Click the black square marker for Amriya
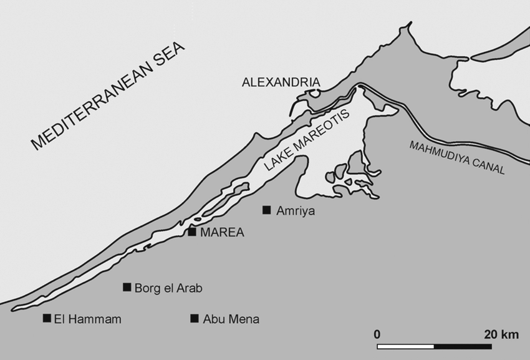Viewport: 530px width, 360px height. [x=267, y=210]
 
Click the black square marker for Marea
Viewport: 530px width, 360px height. [x=192, y=232]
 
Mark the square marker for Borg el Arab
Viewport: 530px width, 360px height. [x=127, y=287]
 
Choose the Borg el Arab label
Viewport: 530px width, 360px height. [x=168, y=288]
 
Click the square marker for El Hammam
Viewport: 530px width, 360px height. [x=47, y=318]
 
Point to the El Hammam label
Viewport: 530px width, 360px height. [x=87, y=319]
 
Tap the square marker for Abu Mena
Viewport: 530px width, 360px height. [x=195, y=318]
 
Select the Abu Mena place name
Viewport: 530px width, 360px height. [x=231, y=319]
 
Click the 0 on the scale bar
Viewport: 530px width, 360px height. [x=377, y=334]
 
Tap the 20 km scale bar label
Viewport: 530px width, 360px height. [x=501, y=334]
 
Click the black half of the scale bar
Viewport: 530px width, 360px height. [x=463, y=346]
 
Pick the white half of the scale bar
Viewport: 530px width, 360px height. [x=406, y=346]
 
